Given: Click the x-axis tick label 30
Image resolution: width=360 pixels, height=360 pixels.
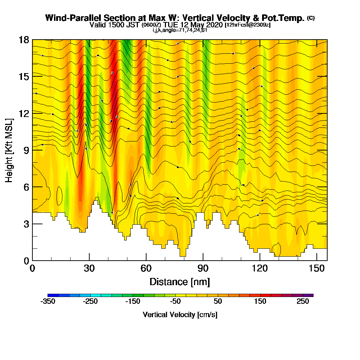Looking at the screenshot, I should [x=89, y=269].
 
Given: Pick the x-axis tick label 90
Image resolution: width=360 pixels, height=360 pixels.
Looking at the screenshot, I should [x=203, y=269].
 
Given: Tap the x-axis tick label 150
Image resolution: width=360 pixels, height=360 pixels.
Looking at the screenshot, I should [x=317, y=269].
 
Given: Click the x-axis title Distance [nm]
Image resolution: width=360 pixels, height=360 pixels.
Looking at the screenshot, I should [x=180, y=281].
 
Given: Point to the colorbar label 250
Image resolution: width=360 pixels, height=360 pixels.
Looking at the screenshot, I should [x=303, y=302].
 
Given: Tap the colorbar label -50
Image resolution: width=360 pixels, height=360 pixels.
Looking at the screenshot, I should [x=175, y=302].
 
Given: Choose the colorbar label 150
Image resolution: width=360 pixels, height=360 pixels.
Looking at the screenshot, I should [x=261, y=302].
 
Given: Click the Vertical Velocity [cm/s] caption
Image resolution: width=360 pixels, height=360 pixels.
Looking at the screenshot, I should [x=180, y=315].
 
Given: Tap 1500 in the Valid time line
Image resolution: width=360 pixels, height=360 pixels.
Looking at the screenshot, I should [x=114, y=25].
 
